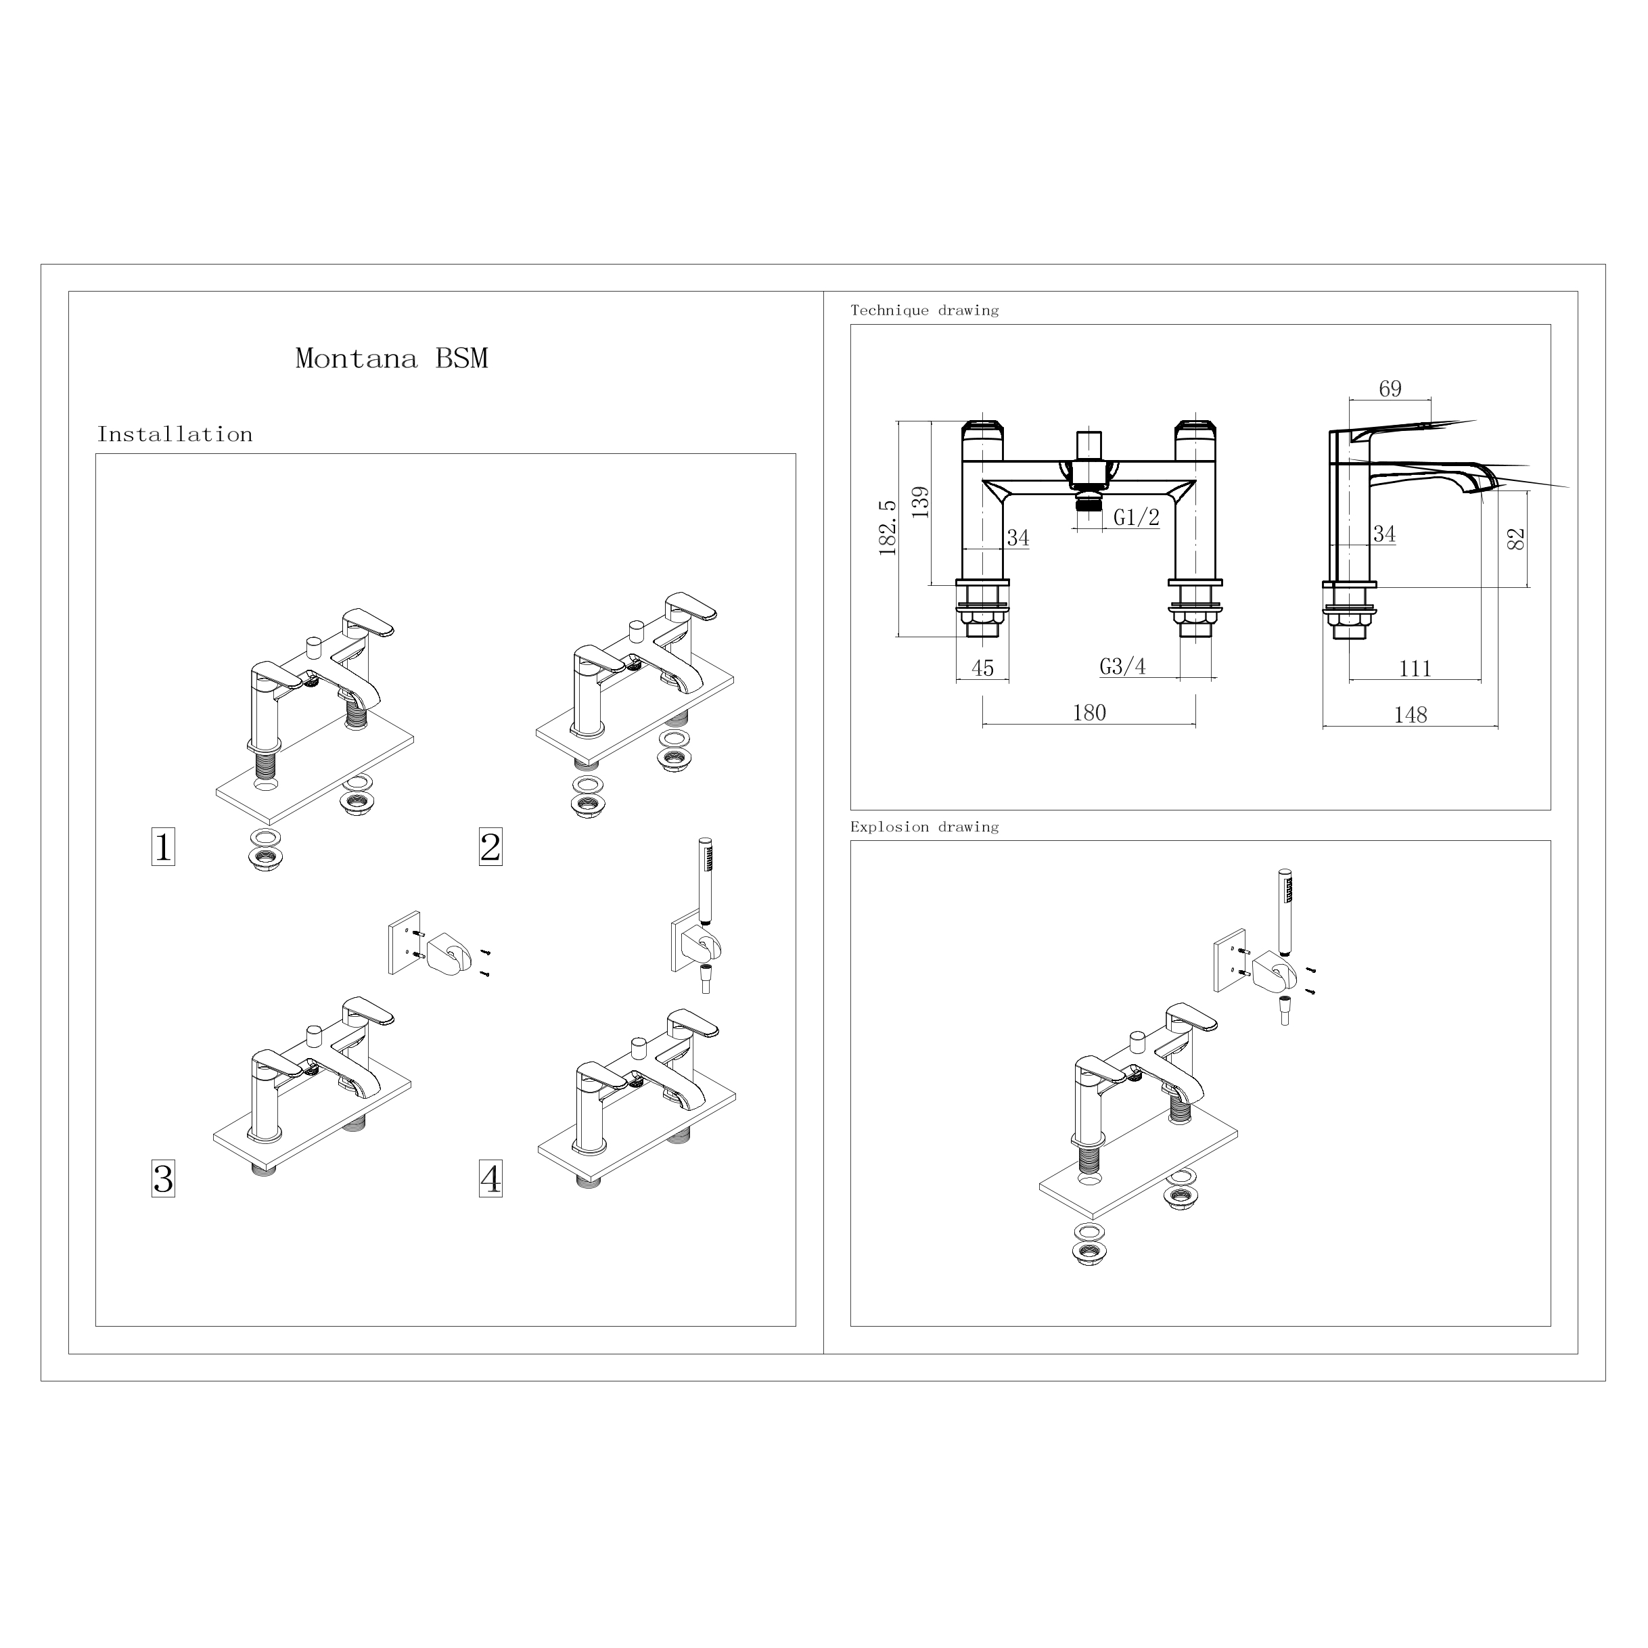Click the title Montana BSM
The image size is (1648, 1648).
click(392, 359)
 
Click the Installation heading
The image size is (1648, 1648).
click(175, 434)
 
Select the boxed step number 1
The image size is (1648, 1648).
click(163, 847)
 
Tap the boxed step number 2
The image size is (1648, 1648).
click(490, 847)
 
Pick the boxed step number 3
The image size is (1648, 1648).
click(163, 1179)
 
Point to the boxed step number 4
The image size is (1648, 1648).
click(490, 1179)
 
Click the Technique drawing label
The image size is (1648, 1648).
click(925, 311)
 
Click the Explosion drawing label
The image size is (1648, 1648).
click(925, 827)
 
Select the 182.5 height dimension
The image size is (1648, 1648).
click(888, 528)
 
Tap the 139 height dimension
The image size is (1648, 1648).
click(920, 503)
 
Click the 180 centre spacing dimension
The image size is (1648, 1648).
click(1089, 712)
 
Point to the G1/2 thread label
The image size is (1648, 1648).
click(1136, 517)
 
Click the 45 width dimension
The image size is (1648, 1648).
click(983, 668)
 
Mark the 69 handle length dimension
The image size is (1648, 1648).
click(1390, 389)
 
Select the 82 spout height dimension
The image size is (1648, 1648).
click(1516, 539)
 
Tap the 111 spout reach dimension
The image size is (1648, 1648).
click(1415, 669)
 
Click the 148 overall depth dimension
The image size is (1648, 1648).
click(1410, 715)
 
